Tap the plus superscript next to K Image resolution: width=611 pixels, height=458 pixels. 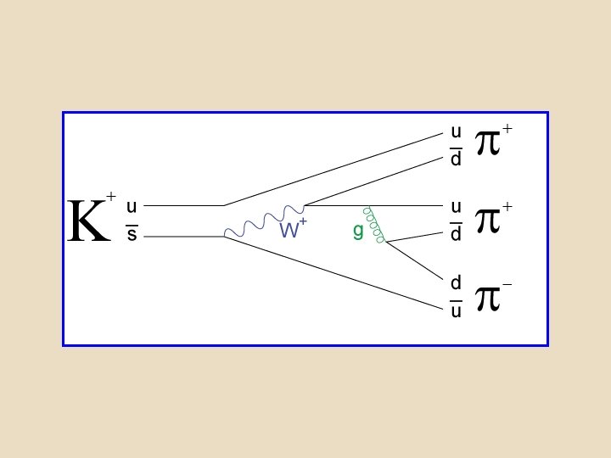click(x=110, y=197)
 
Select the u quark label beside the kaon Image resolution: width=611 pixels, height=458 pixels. click(x=132, y=206)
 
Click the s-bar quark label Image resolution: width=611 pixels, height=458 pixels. click(x=132, y=235)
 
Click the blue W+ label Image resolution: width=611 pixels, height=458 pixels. click(x=292, y=229)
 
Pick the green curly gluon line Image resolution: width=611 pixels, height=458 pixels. click(x=374, y=226)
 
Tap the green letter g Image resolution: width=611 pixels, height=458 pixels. click(x=358, y=232)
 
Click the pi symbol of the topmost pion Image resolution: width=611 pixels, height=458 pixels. click(x=487, y=142)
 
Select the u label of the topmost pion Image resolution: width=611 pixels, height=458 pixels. click(x=456, y=131)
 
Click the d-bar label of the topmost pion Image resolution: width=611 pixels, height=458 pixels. click(x=456, y=159)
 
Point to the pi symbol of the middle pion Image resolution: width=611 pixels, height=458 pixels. click(x=487, y=219)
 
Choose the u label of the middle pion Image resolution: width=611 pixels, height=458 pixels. click(x=456, y=206)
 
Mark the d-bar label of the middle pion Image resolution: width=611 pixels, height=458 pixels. click(x=456, y=234)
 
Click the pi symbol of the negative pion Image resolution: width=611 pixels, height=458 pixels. click(x=487, y=298)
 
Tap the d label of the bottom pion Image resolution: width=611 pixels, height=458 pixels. click(x=456, y=282)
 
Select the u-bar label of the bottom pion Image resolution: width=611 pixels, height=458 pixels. click(x=456, y=310)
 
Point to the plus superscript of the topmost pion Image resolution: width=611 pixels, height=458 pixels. click(x=507, y=129)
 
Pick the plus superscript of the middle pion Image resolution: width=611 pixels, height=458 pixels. click(x=507, y=206)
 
